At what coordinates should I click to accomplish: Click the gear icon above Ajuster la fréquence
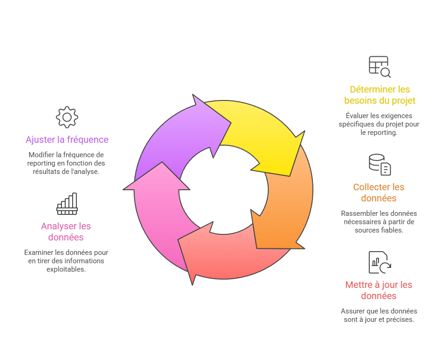pyautogui.click(x=67, y=117)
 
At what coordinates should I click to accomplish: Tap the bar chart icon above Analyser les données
pyautogui.click(x=67, y=204)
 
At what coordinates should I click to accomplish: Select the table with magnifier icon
pyautogui.click(x=379, y=67)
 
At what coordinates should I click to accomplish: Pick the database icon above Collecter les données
pyautogui.click(x=379, y=165)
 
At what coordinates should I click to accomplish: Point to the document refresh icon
pyautogui.click(x=379, y=262)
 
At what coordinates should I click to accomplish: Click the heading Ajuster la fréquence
pyautogui.click(x=67, y=140)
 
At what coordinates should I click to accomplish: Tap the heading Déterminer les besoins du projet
pyautogui.click(x=379, y=95)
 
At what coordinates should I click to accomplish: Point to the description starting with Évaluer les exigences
pyautogui.click(x=379, y=124)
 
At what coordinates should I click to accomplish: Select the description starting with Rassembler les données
pyautogui.click(x=379, y=221)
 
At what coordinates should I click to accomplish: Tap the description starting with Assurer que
pyautogui.click(x=379, y=315)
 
